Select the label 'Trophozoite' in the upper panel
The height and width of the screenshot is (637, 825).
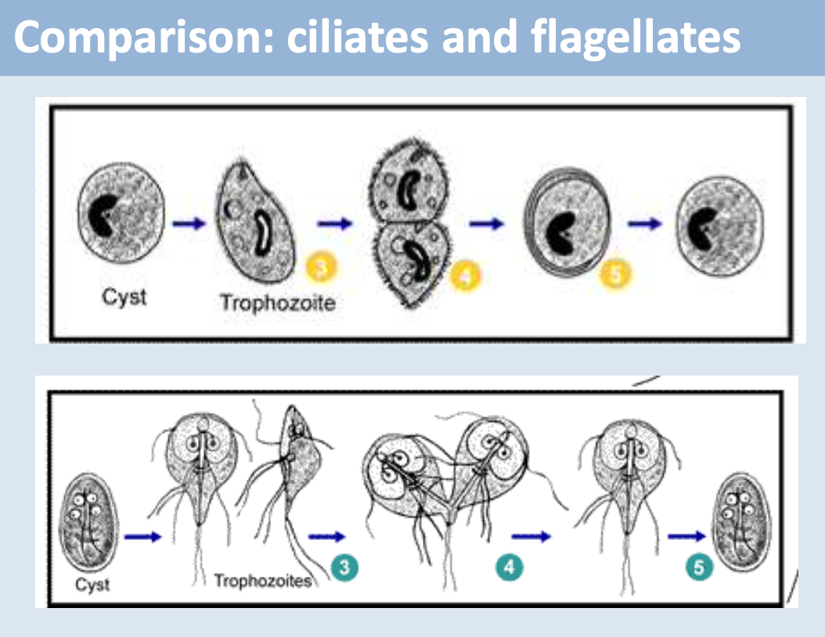tap(277, 302)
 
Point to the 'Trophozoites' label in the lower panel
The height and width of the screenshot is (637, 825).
tap(262, 581)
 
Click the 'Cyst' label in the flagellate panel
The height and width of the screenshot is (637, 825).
tap(92, 584)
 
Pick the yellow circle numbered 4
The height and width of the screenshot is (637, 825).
tap(466, 275)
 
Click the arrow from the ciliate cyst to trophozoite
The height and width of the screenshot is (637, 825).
tap(189, 223)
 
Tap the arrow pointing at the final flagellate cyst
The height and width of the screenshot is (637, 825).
tap(685, 537)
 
